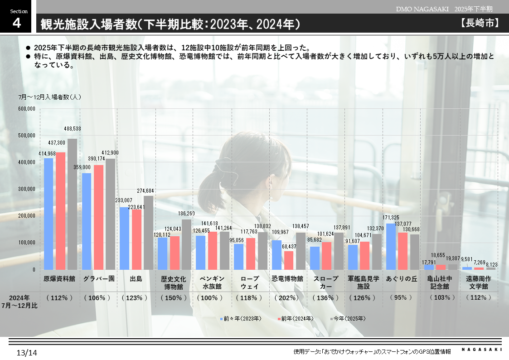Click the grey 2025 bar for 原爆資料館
[x=72, y=204]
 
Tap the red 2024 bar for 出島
[x=136, y=239]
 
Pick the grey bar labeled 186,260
[x=186, y=244]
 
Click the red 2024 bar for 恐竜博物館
[x=289, y=260]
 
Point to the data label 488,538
[x=73, y=129]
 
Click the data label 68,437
[x=289, y=246]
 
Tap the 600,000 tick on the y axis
[x=27, y=109]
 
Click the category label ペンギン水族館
[x=212, y=282]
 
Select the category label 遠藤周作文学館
[x=479, y=282]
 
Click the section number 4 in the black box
[x=16, y=23]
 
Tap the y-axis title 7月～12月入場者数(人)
[x=50, y=97]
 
